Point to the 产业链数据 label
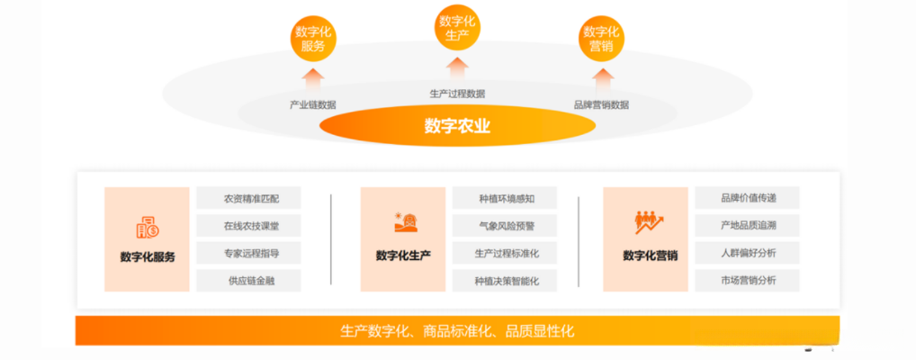313,104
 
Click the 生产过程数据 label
457,93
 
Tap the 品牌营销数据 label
601,104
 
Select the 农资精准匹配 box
248,198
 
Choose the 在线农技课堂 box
248,225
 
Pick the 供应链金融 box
248,280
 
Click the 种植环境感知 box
505,198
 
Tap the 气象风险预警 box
505,225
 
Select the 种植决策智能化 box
505,280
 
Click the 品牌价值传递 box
748,198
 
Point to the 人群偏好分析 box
748,253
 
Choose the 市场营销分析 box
748,280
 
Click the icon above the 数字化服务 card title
147,227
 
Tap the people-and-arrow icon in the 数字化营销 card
649,222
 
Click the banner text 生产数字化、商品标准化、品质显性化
457,331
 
